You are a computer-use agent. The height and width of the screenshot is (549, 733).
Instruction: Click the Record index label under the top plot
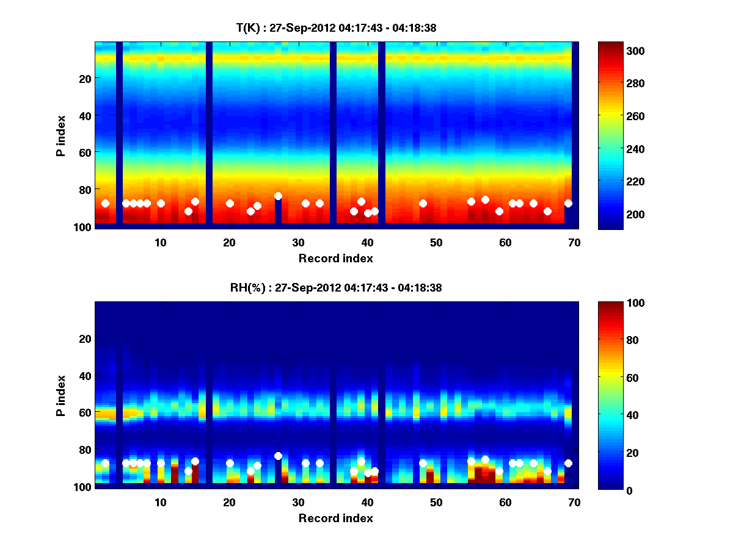[336, 258]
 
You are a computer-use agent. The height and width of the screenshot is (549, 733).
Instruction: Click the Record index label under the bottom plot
[336, 518]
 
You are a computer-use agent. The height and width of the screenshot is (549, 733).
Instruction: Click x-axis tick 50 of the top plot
[436, 242]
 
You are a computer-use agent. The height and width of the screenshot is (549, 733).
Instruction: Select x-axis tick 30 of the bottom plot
[298, 502]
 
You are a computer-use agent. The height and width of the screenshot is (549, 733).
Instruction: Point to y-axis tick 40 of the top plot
[84, 115]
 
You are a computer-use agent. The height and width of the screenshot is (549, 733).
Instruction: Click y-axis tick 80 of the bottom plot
[84, 450]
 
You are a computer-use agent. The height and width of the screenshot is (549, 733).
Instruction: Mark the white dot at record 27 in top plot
[278, 196]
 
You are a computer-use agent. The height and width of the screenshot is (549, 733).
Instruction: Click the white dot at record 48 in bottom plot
[423, 464]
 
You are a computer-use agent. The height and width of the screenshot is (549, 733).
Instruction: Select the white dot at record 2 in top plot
[105, 203]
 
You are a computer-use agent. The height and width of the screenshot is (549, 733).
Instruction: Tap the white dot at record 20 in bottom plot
[230, 464]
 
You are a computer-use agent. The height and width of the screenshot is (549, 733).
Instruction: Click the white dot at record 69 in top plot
[568, 203]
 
